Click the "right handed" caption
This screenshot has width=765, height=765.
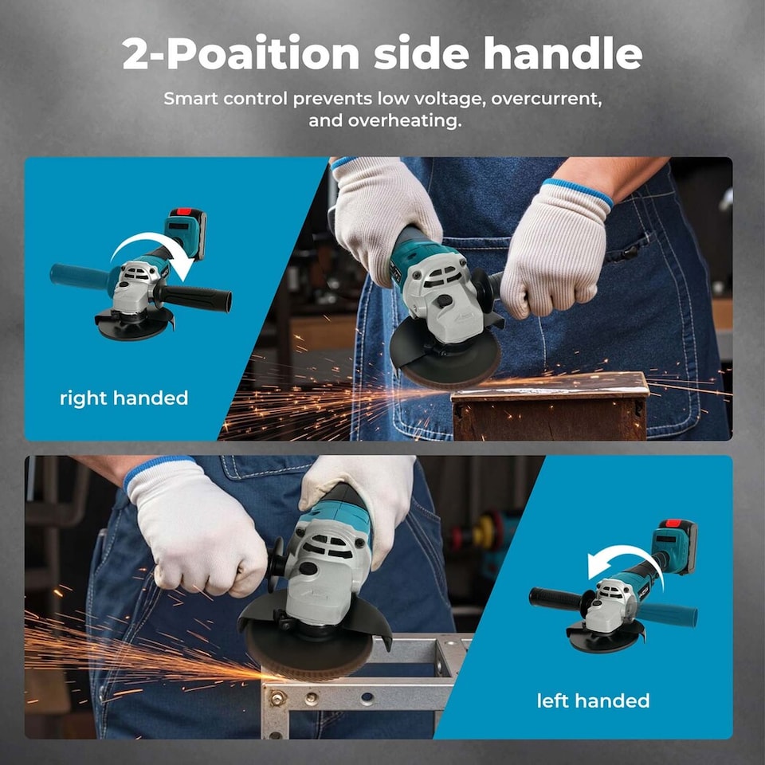124,398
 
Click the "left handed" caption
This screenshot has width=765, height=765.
592,701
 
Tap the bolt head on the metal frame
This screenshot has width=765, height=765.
278,699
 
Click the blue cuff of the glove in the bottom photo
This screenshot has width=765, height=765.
158,467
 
